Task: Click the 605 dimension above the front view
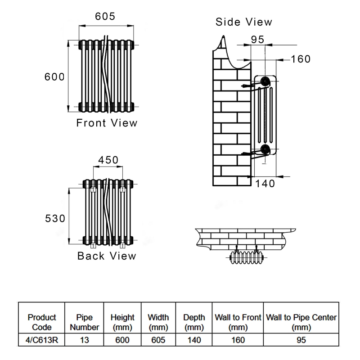(x=105, y=16)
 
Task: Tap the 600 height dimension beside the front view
(x=54, y=76)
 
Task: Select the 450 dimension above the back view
(x=108, y=160)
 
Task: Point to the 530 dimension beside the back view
(x=55, y=218)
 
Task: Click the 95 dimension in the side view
(x=257, y=40)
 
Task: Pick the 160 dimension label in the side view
(x=301, y=59)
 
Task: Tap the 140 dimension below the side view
(x=265, y=183)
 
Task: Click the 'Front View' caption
(x=107, y=123)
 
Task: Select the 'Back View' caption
(x=107, y=256)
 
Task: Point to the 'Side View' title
(x=244, y=22)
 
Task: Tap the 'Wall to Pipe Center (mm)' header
(x=301, y=322)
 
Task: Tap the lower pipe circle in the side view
(x=265, y=150)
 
